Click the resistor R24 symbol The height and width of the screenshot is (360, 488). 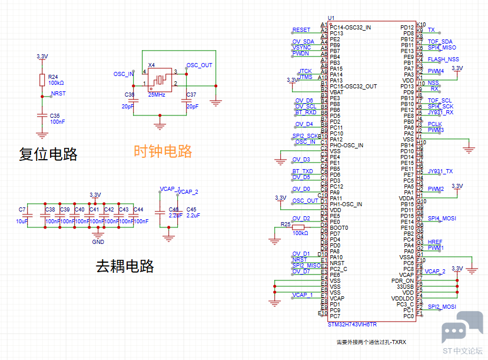(42, 80)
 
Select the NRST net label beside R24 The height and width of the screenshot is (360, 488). (58, 93)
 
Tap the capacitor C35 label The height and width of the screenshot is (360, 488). (55, 115)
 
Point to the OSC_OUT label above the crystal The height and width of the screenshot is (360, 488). (200, 65)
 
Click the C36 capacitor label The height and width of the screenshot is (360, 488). (130, 95)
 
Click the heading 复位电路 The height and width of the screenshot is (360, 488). (48, 154)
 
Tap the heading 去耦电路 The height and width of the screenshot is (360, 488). (125, 266)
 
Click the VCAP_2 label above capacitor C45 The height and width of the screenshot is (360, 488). (188, 192)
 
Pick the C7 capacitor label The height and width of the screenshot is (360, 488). (22, 210)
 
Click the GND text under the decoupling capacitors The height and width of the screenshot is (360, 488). (98, 242)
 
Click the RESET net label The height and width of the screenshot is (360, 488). (301, 29)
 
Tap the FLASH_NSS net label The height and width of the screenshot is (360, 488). (443, 59)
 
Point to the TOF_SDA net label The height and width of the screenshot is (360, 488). (440, 41)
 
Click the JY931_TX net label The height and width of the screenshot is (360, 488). (440, 171)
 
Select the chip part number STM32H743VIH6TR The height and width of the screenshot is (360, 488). (353, 324)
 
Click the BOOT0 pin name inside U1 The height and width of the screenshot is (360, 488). (339, 227)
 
